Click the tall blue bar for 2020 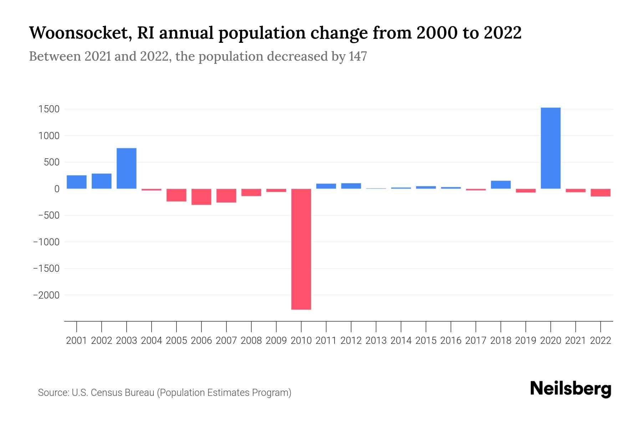(550, 148)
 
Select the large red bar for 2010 (301, 249)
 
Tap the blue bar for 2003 (126, 168)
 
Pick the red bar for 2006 (201, 197)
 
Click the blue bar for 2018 (500, 185)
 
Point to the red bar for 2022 (600, 193)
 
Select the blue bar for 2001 (77, 182)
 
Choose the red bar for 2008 (251, 193)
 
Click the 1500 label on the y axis (49, 109)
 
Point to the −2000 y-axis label (46, 295)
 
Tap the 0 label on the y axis (56, 189)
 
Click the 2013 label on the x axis (376, 341)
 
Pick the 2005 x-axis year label (176, 341)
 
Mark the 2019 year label (525, 341)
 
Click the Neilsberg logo (570, 389)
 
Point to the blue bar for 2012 (351, 186)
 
